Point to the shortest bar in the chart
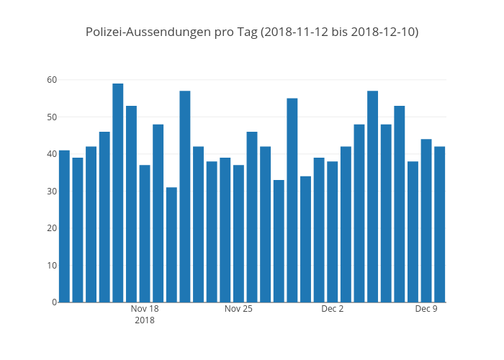pos(171,244)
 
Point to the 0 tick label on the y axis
pos(53,302)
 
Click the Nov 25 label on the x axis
pos(238,309)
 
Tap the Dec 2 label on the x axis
pos(333,309)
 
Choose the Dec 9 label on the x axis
pos(426,309)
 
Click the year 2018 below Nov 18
pos(145,320)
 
